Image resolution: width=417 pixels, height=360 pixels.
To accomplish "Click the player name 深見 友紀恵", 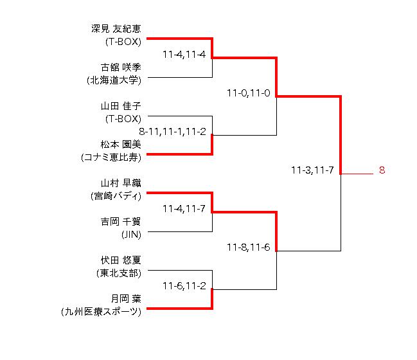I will click(116, 28).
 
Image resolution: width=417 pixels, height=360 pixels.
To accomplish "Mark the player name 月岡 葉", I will click(126, 298).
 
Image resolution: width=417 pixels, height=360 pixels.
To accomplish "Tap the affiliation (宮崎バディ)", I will click(116, 195).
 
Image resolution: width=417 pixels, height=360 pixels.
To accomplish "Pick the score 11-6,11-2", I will click(184, 285).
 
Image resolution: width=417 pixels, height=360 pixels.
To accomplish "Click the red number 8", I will click(381, 170).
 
